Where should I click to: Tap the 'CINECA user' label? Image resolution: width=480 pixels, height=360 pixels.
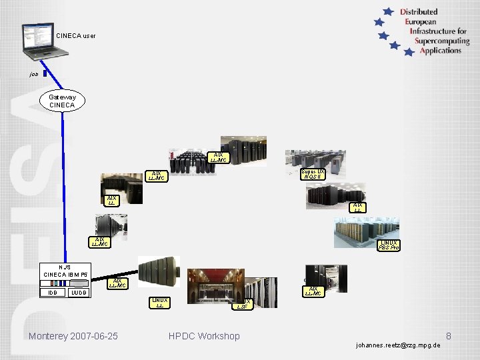point(76,35)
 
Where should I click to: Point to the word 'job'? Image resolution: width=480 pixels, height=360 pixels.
point(34,75)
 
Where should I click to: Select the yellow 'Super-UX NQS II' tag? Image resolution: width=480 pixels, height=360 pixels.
point(313,174)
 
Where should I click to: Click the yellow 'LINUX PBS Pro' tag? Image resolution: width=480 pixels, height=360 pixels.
point(389,245)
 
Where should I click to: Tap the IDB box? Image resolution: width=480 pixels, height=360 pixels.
point(52,293)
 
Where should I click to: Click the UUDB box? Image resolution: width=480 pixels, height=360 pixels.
point(79,293)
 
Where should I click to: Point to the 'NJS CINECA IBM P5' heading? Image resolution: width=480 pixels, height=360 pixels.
point(65,271)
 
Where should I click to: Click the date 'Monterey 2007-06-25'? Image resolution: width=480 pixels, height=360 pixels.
point(73,336)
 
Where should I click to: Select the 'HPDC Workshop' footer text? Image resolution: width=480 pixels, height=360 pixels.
point(204,336)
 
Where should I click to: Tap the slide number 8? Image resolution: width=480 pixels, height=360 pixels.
point(449,336)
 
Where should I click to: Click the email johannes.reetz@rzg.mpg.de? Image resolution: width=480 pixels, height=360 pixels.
point(399,346)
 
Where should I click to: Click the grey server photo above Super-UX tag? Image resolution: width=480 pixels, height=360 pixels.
point(314,158)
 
